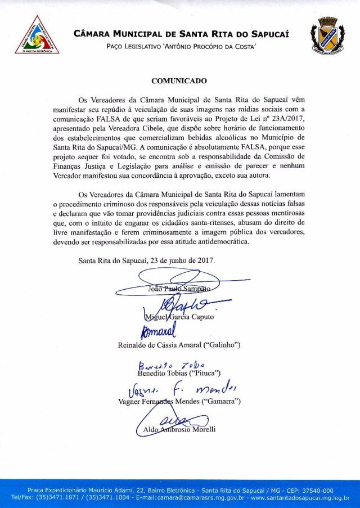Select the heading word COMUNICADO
pos(179,80)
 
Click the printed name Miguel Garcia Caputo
pos(178,317)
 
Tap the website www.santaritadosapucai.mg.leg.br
pos(300,498)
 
